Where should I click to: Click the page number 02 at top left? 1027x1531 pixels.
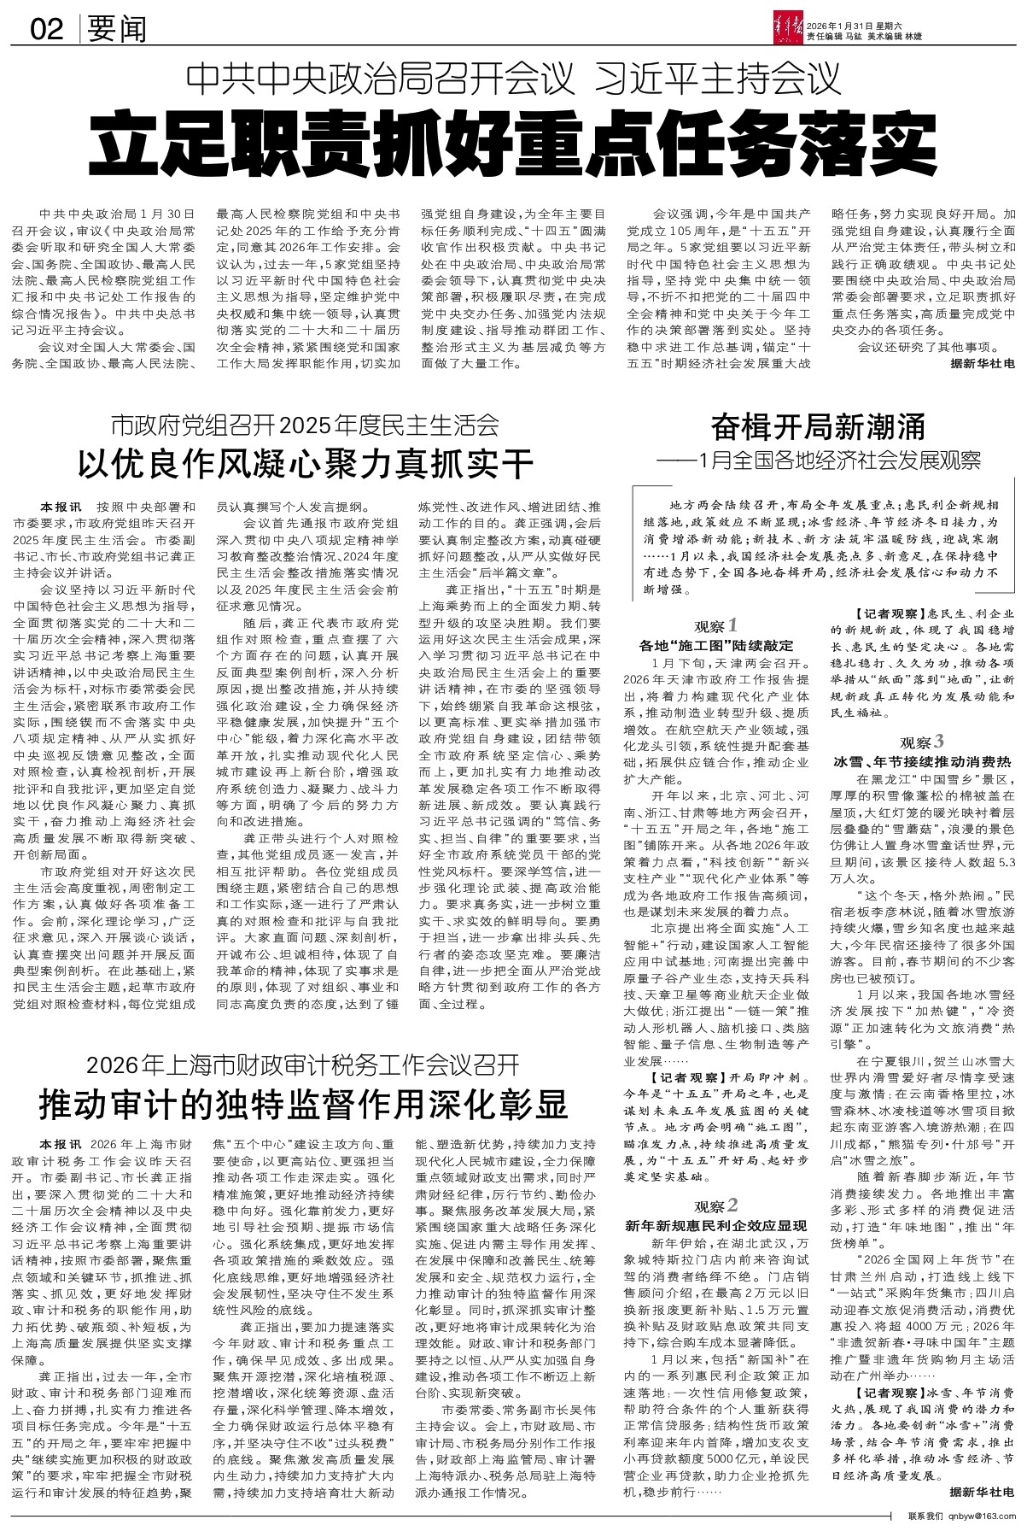pyautogui.click(x=46, y=29)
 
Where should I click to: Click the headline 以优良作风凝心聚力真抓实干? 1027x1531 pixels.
pyautogui.click(x=304, y=464)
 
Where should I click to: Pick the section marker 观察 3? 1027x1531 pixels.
pyautogui.click(x=922, y=740)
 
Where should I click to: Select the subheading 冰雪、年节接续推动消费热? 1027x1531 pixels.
pyautogui.click(x=923, y=760)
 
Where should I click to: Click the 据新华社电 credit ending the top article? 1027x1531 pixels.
pyautogui.click(x=983, y=363)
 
